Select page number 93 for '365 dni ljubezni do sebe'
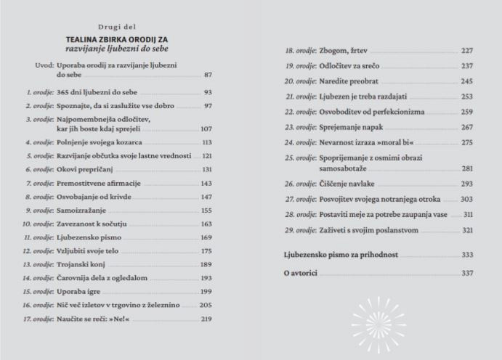coord(207,93)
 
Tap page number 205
coord(206,306)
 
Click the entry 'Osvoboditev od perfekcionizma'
coord(368,112)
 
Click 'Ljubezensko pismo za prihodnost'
coord(341,255)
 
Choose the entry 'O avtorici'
coord(301,273)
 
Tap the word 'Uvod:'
coord(44,65)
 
